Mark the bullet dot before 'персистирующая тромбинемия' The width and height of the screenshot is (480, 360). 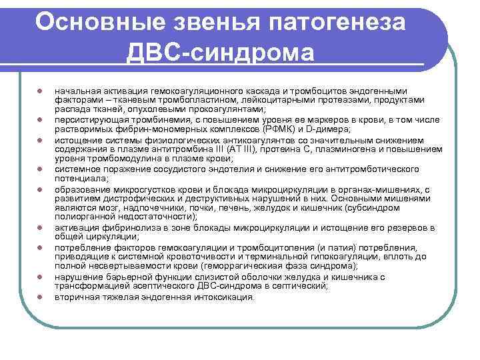40,119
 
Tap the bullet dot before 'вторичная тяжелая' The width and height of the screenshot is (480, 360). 40,297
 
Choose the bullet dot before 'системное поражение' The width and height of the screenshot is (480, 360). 40,169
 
